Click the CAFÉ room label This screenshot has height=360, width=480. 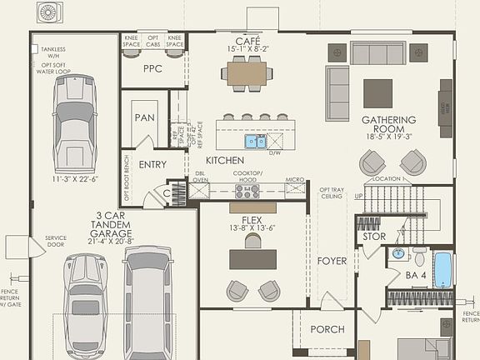click(247, 40)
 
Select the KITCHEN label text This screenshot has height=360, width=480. click(225, 160)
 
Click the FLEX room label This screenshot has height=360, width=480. click(252, 220)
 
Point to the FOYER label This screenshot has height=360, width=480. click(332, 261)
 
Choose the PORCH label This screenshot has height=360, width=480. click(327, 329)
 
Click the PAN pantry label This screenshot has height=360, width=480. click(145, 117)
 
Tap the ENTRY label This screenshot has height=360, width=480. click(152, 164)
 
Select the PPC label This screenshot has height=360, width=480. click(152, 69)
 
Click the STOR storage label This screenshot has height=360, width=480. click(374, 237)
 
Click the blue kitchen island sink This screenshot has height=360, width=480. click(254, 142)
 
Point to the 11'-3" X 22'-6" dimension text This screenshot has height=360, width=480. click(76, 178)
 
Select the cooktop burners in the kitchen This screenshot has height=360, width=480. click(247, 191)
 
